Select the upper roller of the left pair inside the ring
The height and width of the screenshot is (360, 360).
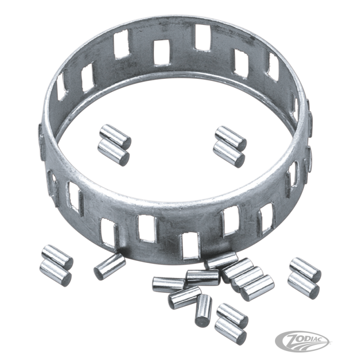tap(115, 136)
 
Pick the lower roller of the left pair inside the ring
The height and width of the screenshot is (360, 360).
tap(113, 153)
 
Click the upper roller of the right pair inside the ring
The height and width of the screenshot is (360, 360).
tap(231, 137)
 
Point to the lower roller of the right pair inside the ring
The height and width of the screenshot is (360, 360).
tap(229, 154)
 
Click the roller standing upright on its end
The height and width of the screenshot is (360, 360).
tap(203, 310)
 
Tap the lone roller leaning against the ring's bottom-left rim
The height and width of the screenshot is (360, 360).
tap(110, 267)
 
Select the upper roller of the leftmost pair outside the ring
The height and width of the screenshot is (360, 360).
tap(57, 257)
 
